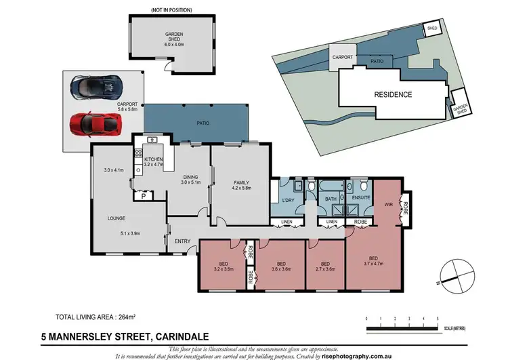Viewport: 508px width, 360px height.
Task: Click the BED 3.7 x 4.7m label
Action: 373,262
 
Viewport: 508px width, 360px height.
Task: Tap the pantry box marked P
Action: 144,195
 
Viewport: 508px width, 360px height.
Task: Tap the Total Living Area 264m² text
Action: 96,317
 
